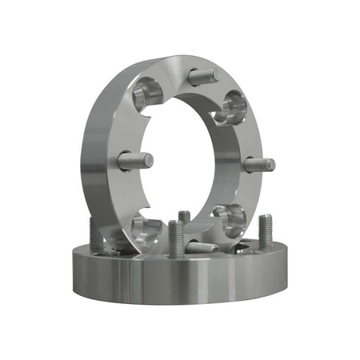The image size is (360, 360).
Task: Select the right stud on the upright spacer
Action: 258,164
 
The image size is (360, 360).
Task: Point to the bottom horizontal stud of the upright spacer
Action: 200,247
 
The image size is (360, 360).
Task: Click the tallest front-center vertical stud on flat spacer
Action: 175,238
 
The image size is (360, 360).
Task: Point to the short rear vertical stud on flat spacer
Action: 185,217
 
